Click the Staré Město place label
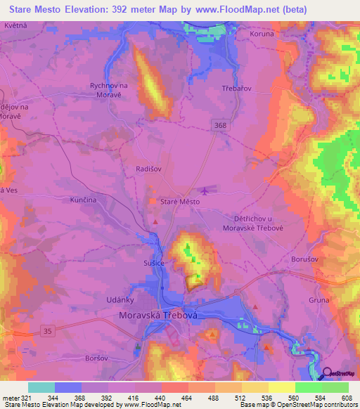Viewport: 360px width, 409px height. point(180,202)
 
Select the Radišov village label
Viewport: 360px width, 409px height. point(148,169)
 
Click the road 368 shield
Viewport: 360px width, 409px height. point(221,124)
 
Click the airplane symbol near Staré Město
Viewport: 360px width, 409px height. point(205,190)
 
